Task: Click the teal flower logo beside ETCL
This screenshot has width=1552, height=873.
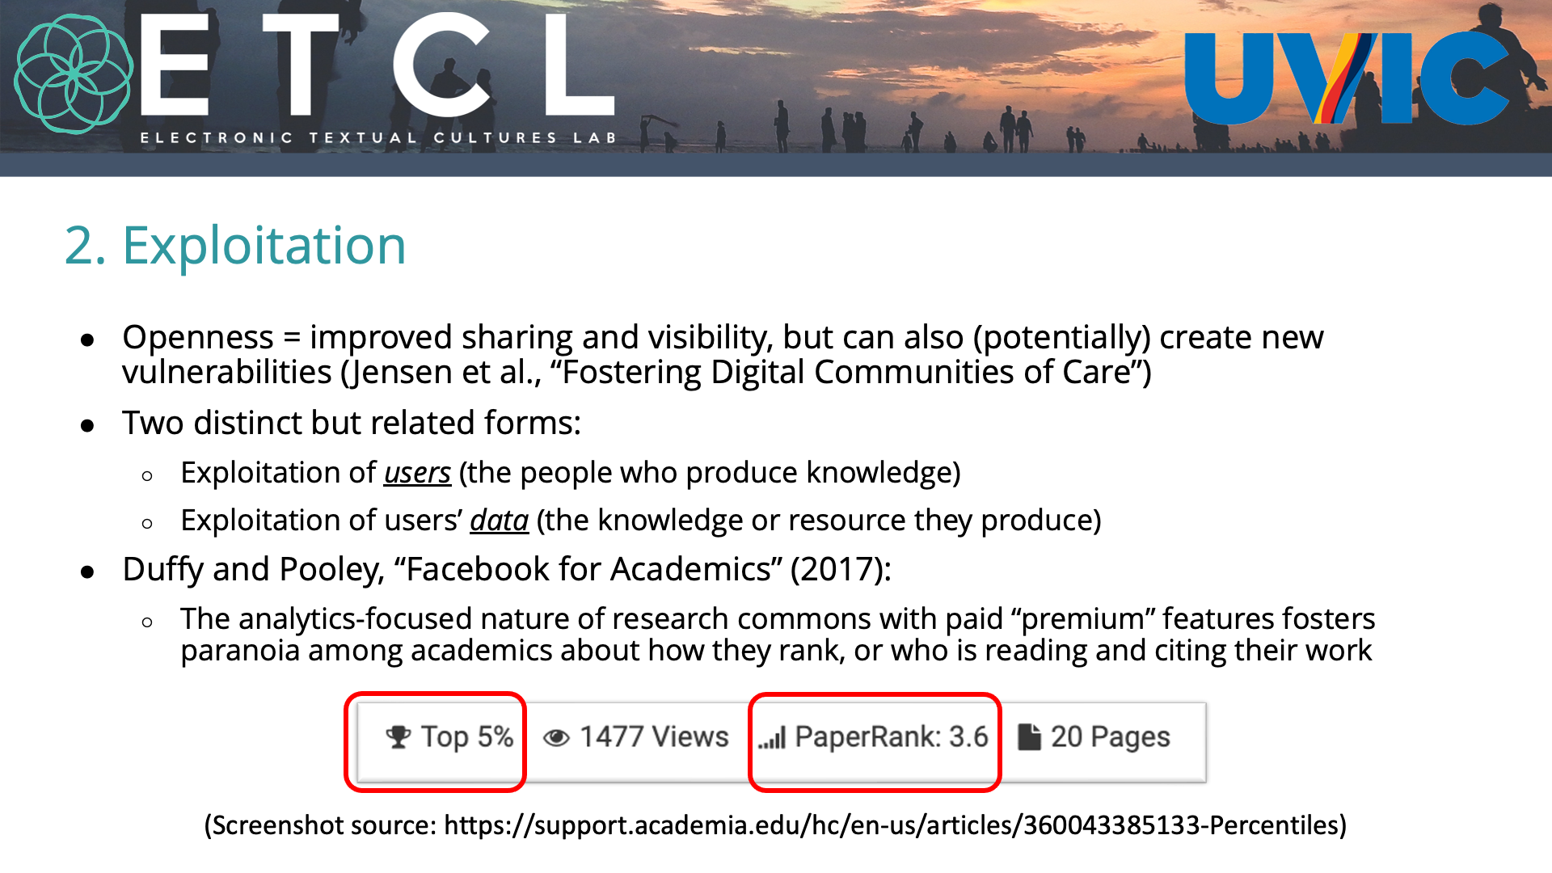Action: [74, 74]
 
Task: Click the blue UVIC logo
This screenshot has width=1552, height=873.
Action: [1346, 78]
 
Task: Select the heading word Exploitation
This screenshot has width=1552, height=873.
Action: [264, 246]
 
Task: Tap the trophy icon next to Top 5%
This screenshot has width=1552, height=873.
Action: [398, 736]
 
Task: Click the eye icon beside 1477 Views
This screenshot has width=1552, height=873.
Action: [556, 738]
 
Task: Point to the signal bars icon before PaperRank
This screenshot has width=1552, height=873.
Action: [772, 738]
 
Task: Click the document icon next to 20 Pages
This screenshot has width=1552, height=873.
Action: [1029, 736]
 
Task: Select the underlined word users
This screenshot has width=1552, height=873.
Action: [417, 473]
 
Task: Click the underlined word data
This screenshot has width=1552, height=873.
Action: [500, 521]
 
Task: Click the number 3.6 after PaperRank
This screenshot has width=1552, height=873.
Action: [968, 737]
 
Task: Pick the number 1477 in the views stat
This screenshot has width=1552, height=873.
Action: [611, 737]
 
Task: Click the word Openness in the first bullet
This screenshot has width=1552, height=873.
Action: [198, 338]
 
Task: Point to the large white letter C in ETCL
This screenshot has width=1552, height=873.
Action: [442, 65]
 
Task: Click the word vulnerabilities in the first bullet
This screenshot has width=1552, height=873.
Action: [227, 373]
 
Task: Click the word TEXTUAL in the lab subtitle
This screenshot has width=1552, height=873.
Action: [363, 138]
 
